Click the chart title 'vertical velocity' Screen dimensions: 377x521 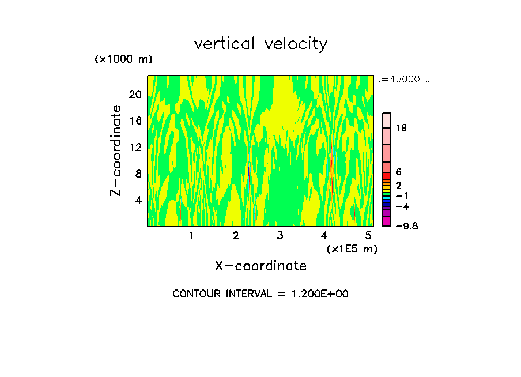pyautogui.click(x=260, y=44)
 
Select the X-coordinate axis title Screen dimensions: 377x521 pyautogui.click(x=260, y=266)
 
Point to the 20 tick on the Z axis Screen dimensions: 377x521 pyautogui.click(x=135, y=95)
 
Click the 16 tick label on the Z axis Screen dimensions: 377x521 pyautogui.click(x=135, y=121)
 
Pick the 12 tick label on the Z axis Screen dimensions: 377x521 pyautogui.click(x=135, y=147)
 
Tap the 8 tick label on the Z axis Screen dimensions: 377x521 pyautogui.click(x=138, y=174)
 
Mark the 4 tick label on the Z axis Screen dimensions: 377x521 pyautogui.click(x=138, y=200)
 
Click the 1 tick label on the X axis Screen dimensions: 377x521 pyautogui.click(x=191, y=235)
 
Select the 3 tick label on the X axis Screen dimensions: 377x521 pyautogui.click(x=280, y=235)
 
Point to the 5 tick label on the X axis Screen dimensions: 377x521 pyautogui.click(x=368, y=235)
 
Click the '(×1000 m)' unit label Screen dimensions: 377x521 pyautogui.click(x=123, y=60)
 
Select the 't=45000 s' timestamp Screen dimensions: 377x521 pyautogui.click(x=403, y=80)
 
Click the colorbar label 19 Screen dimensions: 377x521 pyautogui.click(x=402, y=128)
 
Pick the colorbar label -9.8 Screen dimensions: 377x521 pyautogui.click(x=406, y=226)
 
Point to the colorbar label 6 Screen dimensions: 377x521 pyautogui.click(x=399, y=172)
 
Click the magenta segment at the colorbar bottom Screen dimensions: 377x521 pyautogui.click(x=387, y=222)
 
